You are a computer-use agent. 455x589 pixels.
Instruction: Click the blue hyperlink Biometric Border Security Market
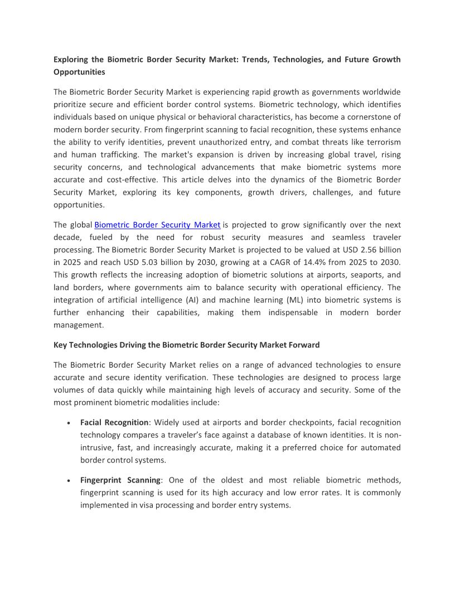[x=157, y=225]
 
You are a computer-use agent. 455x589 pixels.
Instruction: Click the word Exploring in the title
[x=72, y=59]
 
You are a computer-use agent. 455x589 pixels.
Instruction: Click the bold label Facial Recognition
[x=114, y=422]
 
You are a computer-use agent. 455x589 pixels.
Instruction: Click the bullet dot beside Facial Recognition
[x=67, y=423]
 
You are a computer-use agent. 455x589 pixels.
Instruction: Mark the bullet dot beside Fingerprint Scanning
[x=67, y=481]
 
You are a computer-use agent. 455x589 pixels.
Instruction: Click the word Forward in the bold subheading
[x=304, y=345]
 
